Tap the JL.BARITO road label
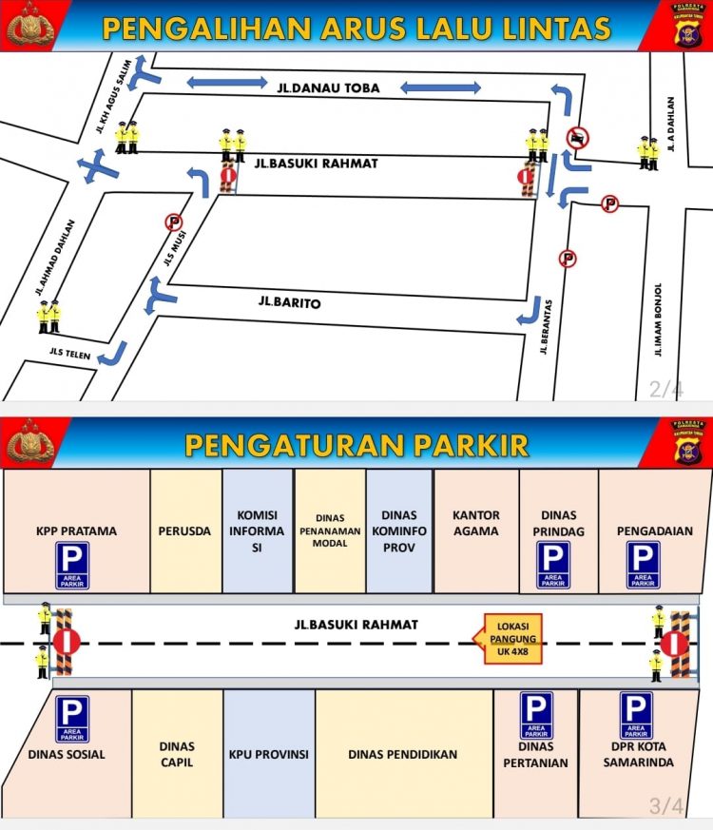click(x=289, y=303)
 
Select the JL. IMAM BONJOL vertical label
click(x=658, y=320)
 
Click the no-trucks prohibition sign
click(x=575, y=138)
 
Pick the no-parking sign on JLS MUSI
click(x=174, y=222)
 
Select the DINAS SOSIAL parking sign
click(x=72, y=719)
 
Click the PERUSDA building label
click(x=185, y=531)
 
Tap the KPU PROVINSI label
click(x=269, y=755)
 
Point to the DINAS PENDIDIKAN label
click(x=403, y=755)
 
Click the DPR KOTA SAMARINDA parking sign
click(x=636, y=715)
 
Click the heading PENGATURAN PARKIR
click(x=356, y=445)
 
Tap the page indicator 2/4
click(x=665, y=388)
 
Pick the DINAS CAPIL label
click(x=177, y=754)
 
